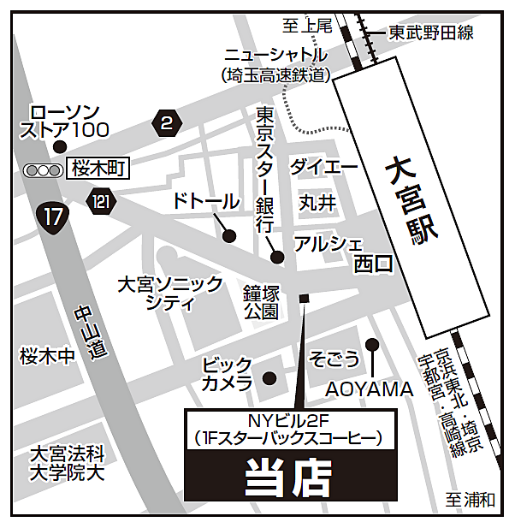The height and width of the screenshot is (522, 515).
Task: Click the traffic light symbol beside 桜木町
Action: click(43, 170)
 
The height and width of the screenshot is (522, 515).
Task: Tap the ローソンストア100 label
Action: click(65, 121)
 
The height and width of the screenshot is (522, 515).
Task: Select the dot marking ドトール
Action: click(229, 236)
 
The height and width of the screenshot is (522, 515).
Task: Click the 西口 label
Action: click(373, 265)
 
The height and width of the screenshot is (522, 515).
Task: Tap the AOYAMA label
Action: click(369, 390)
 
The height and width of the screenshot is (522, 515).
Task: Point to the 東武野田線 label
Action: click(430, 33)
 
